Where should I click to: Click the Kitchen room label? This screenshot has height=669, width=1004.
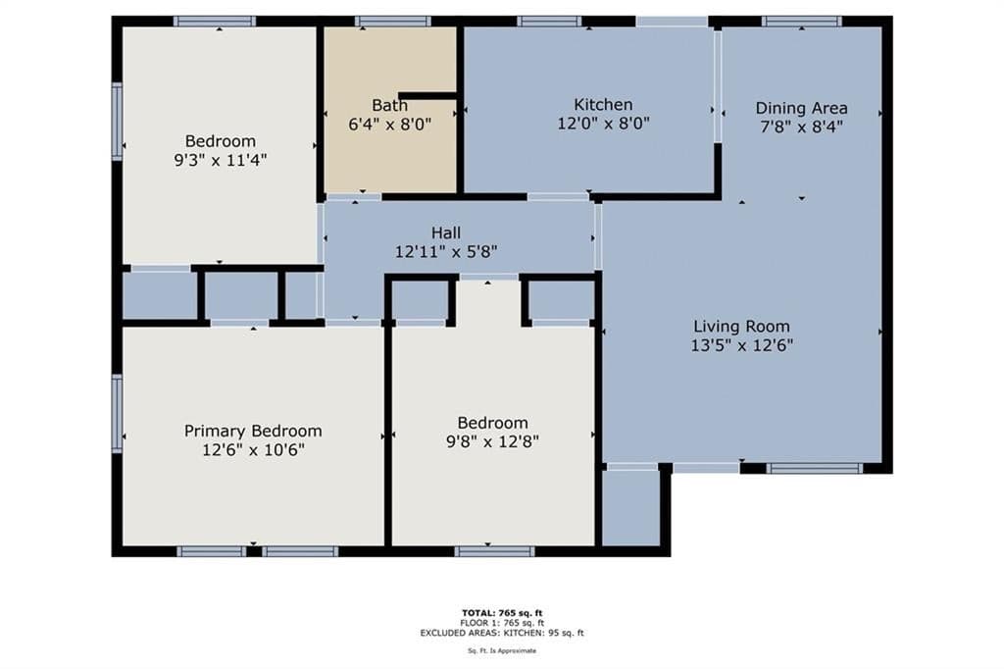click(x=603, y=104)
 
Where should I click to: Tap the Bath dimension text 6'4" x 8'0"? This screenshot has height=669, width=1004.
click(x=390, y=124)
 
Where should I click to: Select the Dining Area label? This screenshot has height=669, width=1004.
click(x=801, y=108)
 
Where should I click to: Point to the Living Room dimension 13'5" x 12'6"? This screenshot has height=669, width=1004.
click(x=741, y=345)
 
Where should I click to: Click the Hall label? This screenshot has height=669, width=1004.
click(x=446, y=232)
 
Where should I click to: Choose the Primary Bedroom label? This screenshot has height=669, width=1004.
click(x=253, y=432)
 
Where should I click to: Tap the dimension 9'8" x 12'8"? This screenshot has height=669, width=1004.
click(x=492, y=441)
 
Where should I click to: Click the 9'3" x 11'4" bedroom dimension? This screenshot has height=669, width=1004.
click(x=221, y=160)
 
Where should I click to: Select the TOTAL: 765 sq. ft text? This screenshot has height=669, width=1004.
click(x=502, y=613)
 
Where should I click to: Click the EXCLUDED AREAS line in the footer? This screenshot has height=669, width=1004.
click(x=502, y=633)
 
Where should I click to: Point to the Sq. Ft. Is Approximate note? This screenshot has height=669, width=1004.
click(x=502, y=651)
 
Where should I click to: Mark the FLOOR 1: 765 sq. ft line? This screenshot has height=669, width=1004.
click(x=502, y=623)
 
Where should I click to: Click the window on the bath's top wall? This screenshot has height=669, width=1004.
click(x=392, y=22)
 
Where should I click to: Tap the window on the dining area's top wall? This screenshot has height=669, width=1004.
click(x=802, y=22)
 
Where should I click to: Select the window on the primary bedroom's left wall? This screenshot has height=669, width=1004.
click(x=118, y=414)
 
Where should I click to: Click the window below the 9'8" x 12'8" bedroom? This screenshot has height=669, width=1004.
click(x=494, y=551)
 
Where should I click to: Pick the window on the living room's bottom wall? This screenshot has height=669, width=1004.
click(x=815, y=469)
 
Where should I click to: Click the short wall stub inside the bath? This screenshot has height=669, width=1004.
click(x=427, y=95)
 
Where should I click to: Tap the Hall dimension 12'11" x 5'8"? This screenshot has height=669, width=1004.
click(x=446, y=252)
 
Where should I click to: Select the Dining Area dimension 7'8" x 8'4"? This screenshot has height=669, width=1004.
click(x=801, y=127)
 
